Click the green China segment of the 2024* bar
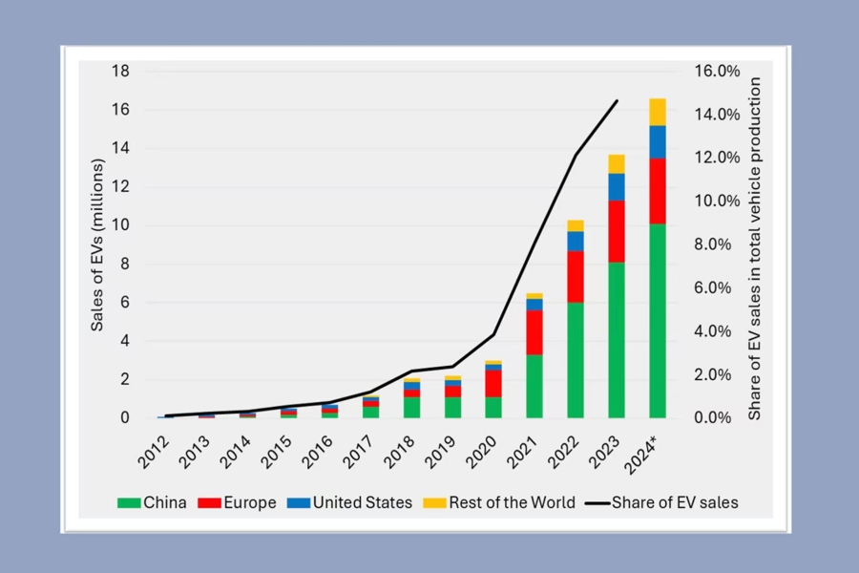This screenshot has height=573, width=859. [x=658, y=320]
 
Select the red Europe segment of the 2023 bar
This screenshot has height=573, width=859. [x=617, y=231]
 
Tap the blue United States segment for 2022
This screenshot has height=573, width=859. [x=576, y=241]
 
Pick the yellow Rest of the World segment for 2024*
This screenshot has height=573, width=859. [x=658, y=112]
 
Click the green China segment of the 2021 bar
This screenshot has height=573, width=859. [x=534, y=386]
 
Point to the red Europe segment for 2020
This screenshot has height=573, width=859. [x=493, y=383]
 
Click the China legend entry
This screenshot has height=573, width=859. [x=152, y=502]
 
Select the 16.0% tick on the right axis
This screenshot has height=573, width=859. [x=718, y=71]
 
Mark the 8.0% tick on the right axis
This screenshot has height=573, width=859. [x=718, y=244]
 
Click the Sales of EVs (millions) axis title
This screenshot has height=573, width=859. [x=97, y=244]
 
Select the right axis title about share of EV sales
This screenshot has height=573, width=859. [x=755, y=248]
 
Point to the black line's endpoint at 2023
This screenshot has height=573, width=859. [x=617, y=100]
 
